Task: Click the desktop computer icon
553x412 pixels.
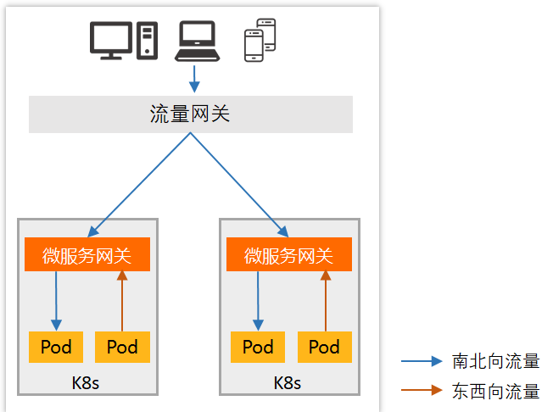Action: (x=124, y=41)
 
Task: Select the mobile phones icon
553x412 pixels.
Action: (x=260, y=40)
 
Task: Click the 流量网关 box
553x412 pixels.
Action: (x=190, y=114)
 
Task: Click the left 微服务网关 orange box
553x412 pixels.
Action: (x=87, y=255)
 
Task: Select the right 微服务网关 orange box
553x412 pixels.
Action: (x=289, y=255)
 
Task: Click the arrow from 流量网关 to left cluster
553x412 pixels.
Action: (x=140, y=183)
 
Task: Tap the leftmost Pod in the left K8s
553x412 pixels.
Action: (x=56, y=347)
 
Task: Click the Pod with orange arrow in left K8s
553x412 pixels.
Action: (x=122, y=347)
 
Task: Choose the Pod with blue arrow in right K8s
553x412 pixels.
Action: (x=258, y=347)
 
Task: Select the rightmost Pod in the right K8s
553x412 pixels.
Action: (x=324, y=347)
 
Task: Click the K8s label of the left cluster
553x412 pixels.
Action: (x=86, y=383)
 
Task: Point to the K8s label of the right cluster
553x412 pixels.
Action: (x=288, y=383)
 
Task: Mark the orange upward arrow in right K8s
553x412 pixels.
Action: (x=324, y=301)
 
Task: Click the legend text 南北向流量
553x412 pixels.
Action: (x=496, y=362)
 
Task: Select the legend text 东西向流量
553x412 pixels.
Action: (x=496, y=392)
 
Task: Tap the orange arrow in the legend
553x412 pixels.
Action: (x=422, y=392)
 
